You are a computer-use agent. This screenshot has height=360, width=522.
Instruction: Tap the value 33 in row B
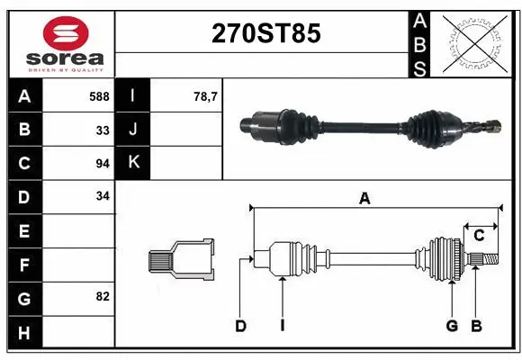[x=102, y=129]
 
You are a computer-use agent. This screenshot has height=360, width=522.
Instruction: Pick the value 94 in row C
[x=102, y=163]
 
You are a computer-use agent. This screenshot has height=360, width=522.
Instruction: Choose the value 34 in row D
[x=102, y=195]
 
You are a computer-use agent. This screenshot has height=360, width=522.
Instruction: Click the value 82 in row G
[x=102, y=295]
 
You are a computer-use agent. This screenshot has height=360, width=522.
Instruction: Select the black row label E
[x=24, y=231]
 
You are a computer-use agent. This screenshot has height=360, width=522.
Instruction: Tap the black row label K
[x=133, y=163]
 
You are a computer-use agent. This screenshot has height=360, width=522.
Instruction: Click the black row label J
[x=133, y=129]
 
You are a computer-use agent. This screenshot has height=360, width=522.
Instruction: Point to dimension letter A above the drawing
[x=364, y=199]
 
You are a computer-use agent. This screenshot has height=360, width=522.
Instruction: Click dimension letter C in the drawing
[x=479, y=236]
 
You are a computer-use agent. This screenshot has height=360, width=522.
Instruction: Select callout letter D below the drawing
[x=240, y=326]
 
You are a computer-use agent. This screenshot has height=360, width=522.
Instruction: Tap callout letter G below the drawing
[x=452, y=326]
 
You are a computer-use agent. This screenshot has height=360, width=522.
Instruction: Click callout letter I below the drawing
[x=282, y=326]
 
